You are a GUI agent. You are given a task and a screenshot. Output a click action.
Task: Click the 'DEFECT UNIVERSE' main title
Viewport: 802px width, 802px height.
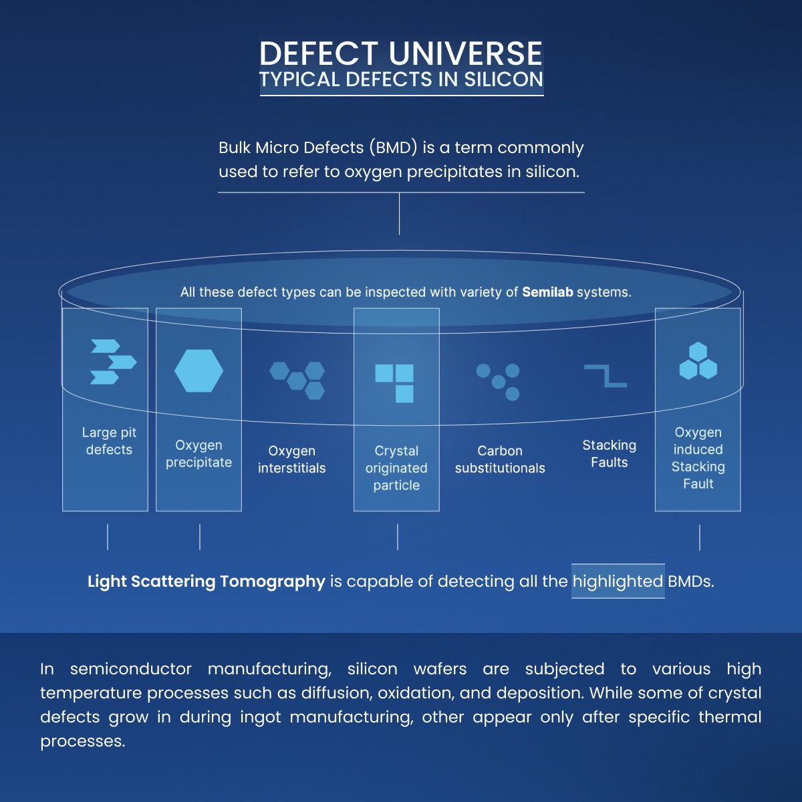pos(400,53)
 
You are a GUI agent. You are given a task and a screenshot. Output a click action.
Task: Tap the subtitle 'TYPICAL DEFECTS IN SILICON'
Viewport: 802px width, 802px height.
pos(401,80)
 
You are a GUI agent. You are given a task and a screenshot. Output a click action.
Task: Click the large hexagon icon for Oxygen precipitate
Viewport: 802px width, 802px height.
pos(198,371)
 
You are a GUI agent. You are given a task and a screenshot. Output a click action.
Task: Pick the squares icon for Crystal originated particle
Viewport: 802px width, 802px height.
pos(395,383)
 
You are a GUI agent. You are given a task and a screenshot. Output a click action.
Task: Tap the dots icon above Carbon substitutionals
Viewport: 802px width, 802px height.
pos(499,381)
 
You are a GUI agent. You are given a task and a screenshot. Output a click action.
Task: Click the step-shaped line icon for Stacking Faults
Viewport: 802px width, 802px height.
pos(606,376)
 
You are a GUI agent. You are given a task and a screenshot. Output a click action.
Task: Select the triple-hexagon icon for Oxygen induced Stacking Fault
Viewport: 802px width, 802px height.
pos(698,362)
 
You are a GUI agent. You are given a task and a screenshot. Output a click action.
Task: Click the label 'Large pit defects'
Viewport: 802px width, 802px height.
pos(109,441)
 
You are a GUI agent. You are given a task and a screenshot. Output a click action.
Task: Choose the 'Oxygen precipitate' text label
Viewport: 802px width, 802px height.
pos(198,454)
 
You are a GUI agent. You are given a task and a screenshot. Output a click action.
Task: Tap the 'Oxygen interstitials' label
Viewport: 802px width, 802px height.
pos(291,459)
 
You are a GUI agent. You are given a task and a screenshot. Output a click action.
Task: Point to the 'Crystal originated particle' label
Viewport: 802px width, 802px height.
pos(396,468)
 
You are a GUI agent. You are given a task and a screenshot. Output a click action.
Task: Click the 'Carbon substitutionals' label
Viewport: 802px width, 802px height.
pos(500,459)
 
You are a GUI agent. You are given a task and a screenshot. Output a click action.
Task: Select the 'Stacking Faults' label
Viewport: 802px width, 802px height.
pos(609,453)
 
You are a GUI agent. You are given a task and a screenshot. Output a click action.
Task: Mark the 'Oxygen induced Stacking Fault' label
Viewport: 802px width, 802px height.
pos(698,458)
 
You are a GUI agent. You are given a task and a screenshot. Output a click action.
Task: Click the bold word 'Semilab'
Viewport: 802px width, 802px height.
pos(547,292)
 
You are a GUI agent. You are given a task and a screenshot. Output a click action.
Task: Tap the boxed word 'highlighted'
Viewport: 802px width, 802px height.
pos(618,581)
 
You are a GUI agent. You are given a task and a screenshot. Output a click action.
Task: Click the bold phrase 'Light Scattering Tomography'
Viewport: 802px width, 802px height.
pos(206,581)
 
